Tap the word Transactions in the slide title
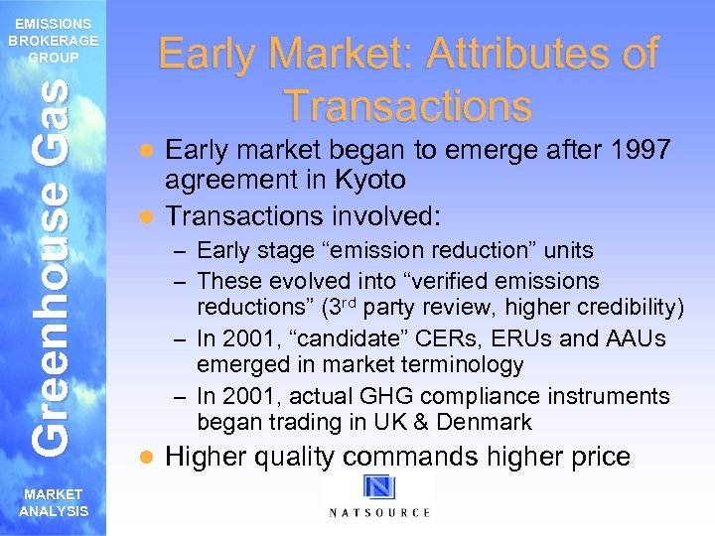(x=407, y=104)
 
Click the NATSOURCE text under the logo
(x=379, y=512)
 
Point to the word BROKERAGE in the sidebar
(x=53, y=41)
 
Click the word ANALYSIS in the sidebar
(x=53, y=510)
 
